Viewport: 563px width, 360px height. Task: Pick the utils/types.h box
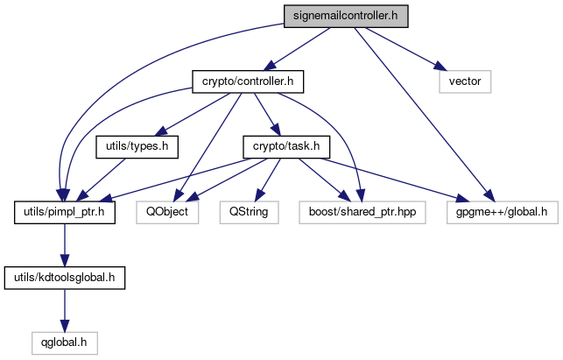[137, 146]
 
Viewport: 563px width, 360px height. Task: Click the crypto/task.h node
[280, 146]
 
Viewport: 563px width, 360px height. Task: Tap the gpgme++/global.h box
[502, 211]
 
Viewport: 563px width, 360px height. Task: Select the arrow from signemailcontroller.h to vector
[403, 48]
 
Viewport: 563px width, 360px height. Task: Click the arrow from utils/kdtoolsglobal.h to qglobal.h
[64, 310]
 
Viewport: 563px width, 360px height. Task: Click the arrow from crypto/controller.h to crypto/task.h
[261, 115]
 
